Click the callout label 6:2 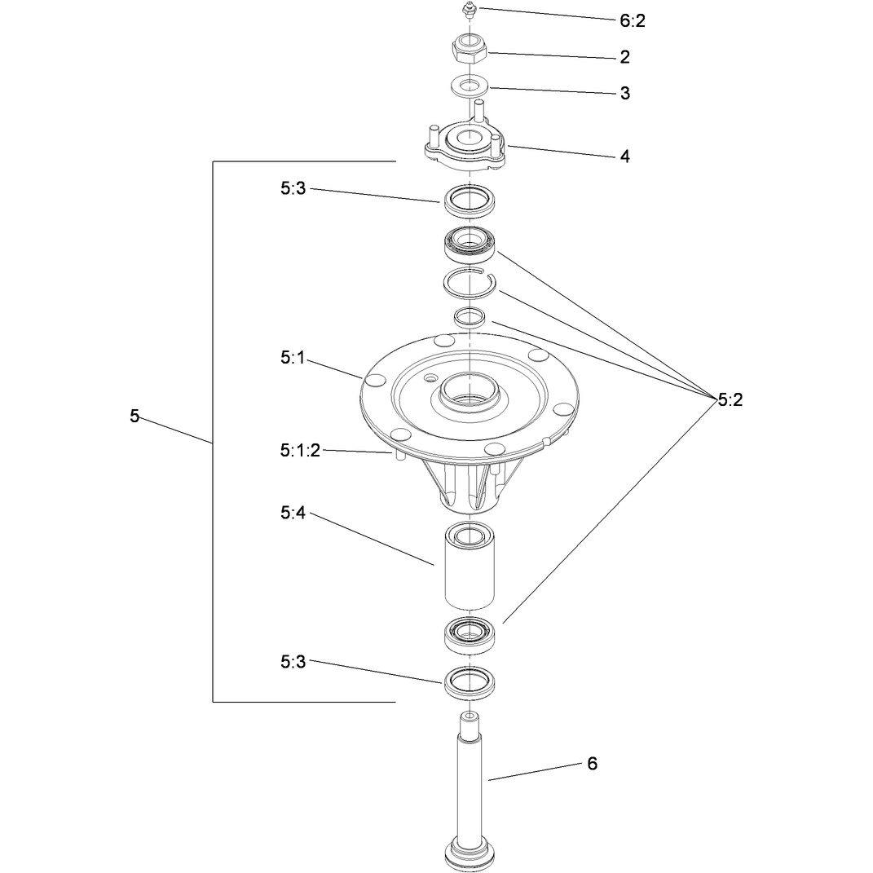(x=632, y=20)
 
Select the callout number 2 (x=624, y=57)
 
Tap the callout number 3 (x=624, y=93)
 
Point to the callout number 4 (x=624, y=157)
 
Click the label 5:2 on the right (x=730, y=399)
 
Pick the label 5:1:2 (x=300, y=451)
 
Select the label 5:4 (x=293, y=513)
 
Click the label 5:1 (x=293, y=358)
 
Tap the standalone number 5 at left (x=134, y=416)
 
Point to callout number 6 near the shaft (x=592, y=763)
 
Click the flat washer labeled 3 (x=470, y=87)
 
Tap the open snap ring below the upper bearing (x=469, y=283)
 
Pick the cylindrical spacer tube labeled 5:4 (x=470, y=566)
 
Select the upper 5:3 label (x=293, y=189)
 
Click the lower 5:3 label (x=293, y=662)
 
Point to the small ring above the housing (x=470, y=317)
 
